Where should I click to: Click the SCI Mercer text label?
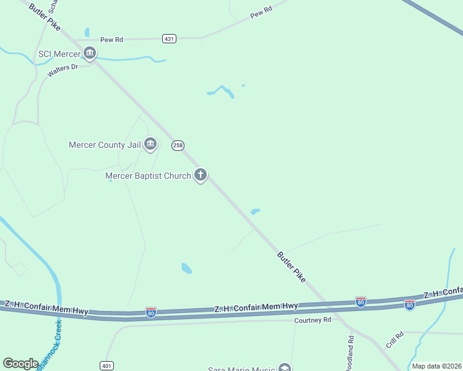pyautogui.click(x=59, y=54)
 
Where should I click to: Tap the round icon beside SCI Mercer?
pyautogui.click(x=90, y=54)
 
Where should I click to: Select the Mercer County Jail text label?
pyautogui.click(x=105, y=145)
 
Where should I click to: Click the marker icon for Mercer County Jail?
pyautogui.click(x=150, y=145)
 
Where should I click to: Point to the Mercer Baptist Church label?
pyautogui.click(x=148, y=176)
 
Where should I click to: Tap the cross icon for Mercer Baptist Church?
pyautogui.click(x=200, y=175)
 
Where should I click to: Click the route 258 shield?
pyautogui.click(x=178, y=145)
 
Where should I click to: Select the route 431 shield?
pyautogui.click(x=170, y=38)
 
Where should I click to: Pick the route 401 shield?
pyautogui.click(x=106, y=365)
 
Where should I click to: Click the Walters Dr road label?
pyautogui.click(x=62, y=70)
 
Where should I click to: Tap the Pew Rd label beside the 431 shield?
pyautogui.click(x=112, y=40)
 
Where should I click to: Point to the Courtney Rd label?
pyautogui.click(x=313, y=320)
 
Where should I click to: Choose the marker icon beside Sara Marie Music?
pyautogui.click(x=284, y=368)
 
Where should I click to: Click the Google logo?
pyautogui.click(x=21, y=364)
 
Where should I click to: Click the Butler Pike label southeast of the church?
pyautogui.click(x=291, y=267)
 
